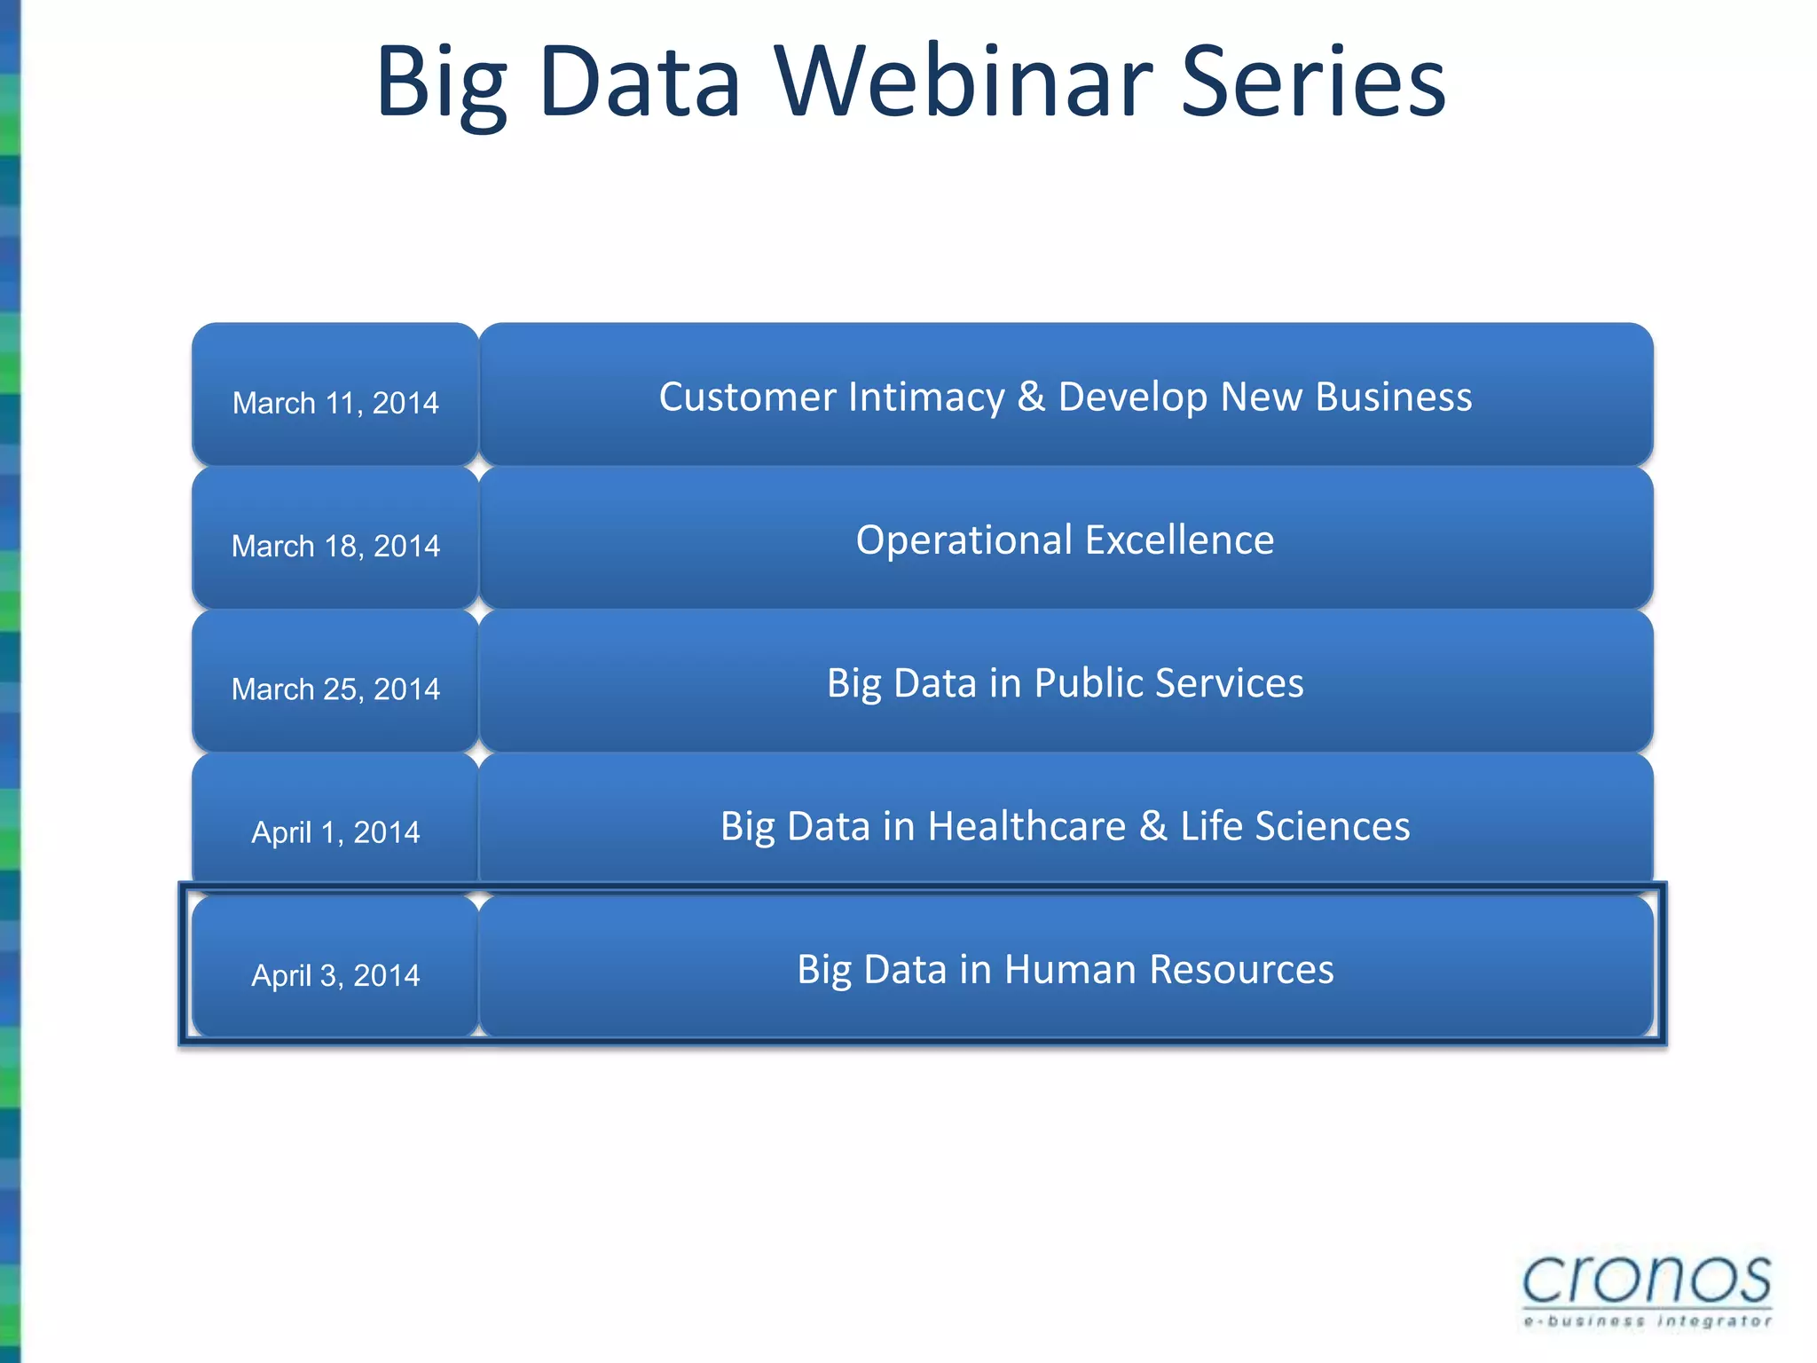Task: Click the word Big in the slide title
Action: [x=441, y=84]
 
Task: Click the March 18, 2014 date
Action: [x=335, y=545]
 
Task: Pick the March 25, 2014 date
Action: [x=335, y=689]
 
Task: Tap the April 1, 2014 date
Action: [x=335, y=831]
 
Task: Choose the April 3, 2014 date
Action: [x=335, y=974]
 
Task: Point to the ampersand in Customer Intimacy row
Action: [x=1031, y=397]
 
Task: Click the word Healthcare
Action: [x=1026, y=826]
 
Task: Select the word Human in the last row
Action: [x=1069, y=969]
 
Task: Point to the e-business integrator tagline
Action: [x=1647, y=1321]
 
